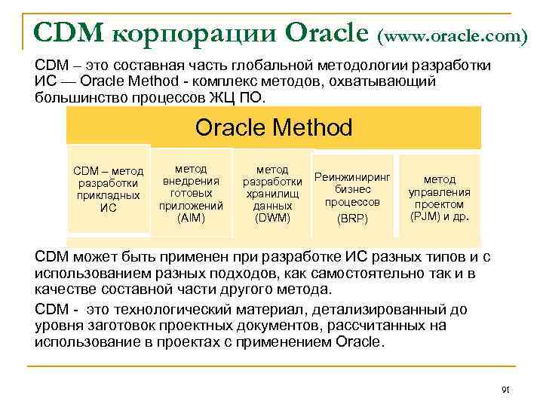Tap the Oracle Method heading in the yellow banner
273,127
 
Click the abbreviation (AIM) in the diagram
191,218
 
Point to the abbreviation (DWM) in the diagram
272,218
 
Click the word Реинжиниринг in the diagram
352,177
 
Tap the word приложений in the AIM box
191,205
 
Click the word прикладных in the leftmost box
108,195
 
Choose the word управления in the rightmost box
440,192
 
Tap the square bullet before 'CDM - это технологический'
28,310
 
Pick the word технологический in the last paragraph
182,309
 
